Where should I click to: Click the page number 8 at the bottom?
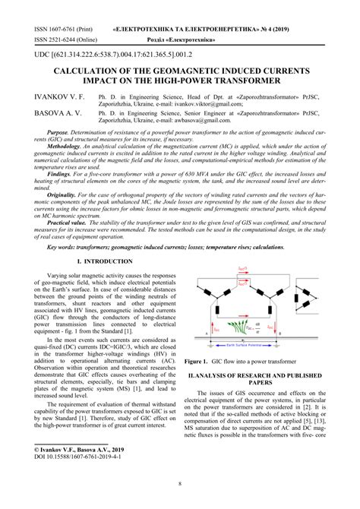pyautogui.click(x=180, y=483)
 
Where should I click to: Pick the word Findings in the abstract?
pyautogui.click(x=63, y=172)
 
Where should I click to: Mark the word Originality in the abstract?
pyautogui.click(x=66, y=194)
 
